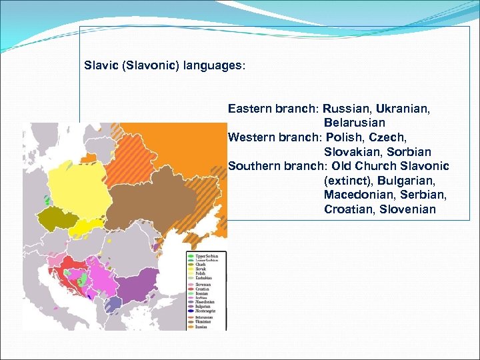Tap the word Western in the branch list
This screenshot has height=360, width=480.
pyautogui.click(x=250, y=137)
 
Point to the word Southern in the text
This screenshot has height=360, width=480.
pyautogui.click(x=253, y=166)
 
